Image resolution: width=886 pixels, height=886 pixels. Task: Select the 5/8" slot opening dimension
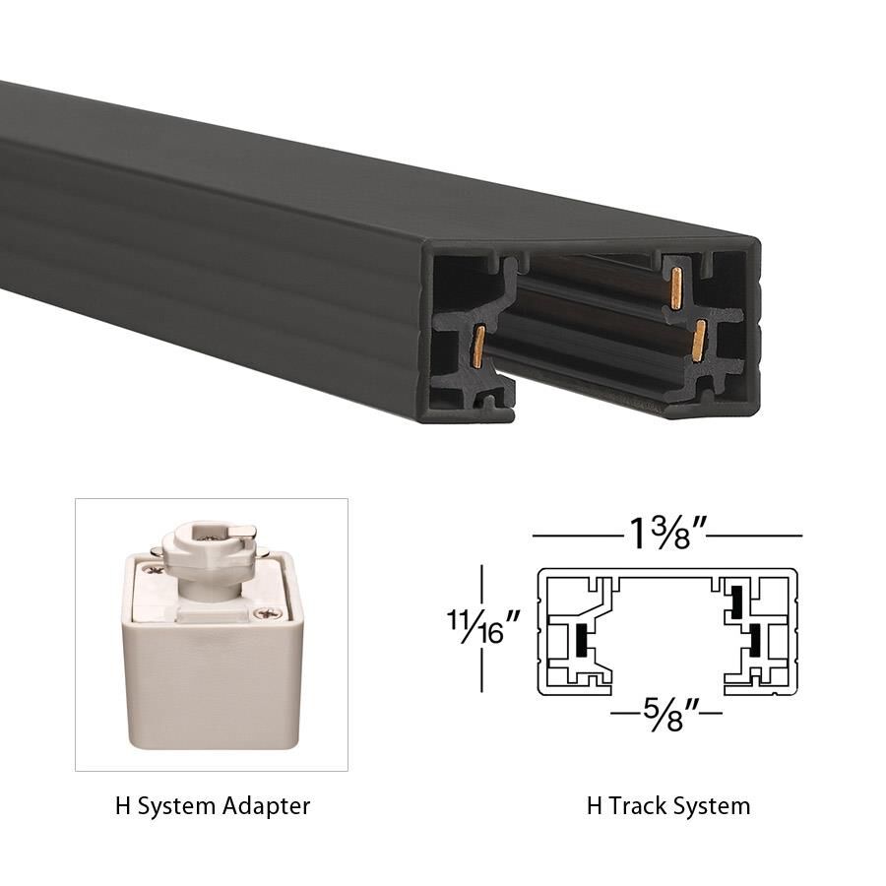pyautogui.click(x=666, y=709)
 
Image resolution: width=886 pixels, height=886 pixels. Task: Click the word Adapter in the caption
pyautogui.click(x=266, y=806)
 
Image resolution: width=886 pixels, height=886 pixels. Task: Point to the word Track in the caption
pyautogui.click(x=642, y=806)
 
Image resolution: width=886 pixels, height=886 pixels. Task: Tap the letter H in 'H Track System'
pyautogui.click(x=594, y=806)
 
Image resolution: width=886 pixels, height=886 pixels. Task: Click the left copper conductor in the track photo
pyautogui.click(x=477, y=346)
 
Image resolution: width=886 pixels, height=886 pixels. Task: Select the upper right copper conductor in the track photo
pyautogui.click(x=676, y=292)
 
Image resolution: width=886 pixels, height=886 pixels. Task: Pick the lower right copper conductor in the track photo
pyautogui.click(x=698, y=341)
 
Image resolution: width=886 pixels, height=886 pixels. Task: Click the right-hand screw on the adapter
pyautogui.click(x=261, y=614)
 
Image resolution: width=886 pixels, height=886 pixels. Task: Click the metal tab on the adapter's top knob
pyautogui.click(x=246, y=533)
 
